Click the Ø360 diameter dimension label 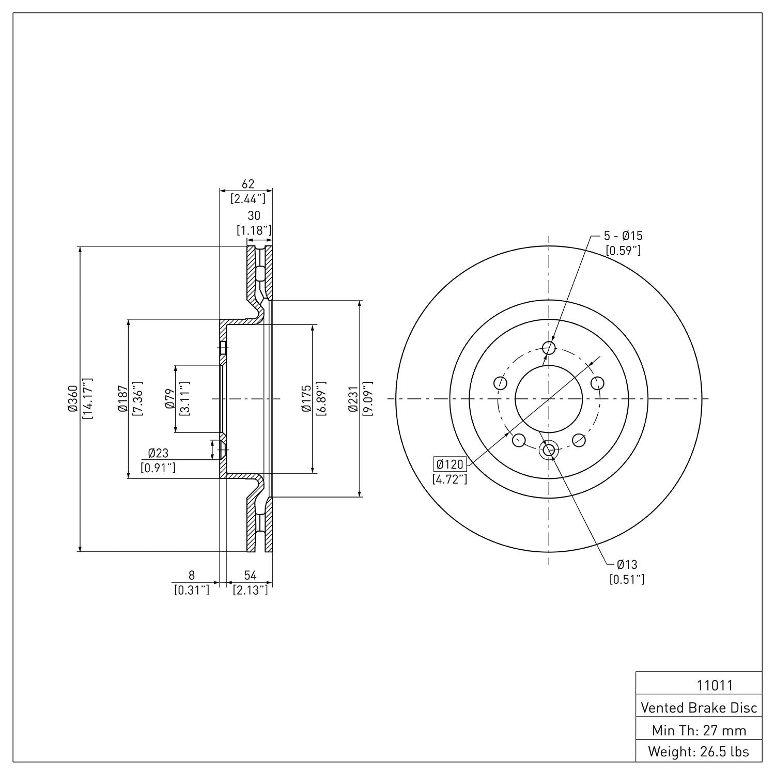coord(72,398)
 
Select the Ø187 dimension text coord(122,398)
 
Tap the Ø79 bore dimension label coord(170,398)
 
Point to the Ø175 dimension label coord(307,398)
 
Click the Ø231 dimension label coord(353,398)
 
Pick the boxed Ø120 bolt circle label coord(450,464)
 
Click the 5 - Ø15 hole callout coord(623,236)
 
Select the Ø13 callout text coord(627,565)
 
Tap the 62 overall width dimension coord(247,184)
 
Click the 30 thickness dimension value coord(254,215)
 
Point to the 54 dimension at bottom coord(250,575)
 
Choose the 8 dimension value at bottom coord(192,575)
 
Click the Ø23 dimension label coord(158,453)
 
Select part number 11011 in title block coord(715,686)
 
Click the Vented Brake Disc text coord(699,708)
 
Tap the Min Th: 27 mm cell coord(699,730)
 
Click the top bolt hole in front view coord(549,347)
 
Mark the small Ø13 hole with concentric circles coord(549,451)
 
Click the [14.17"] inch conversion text coord(87,398)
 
